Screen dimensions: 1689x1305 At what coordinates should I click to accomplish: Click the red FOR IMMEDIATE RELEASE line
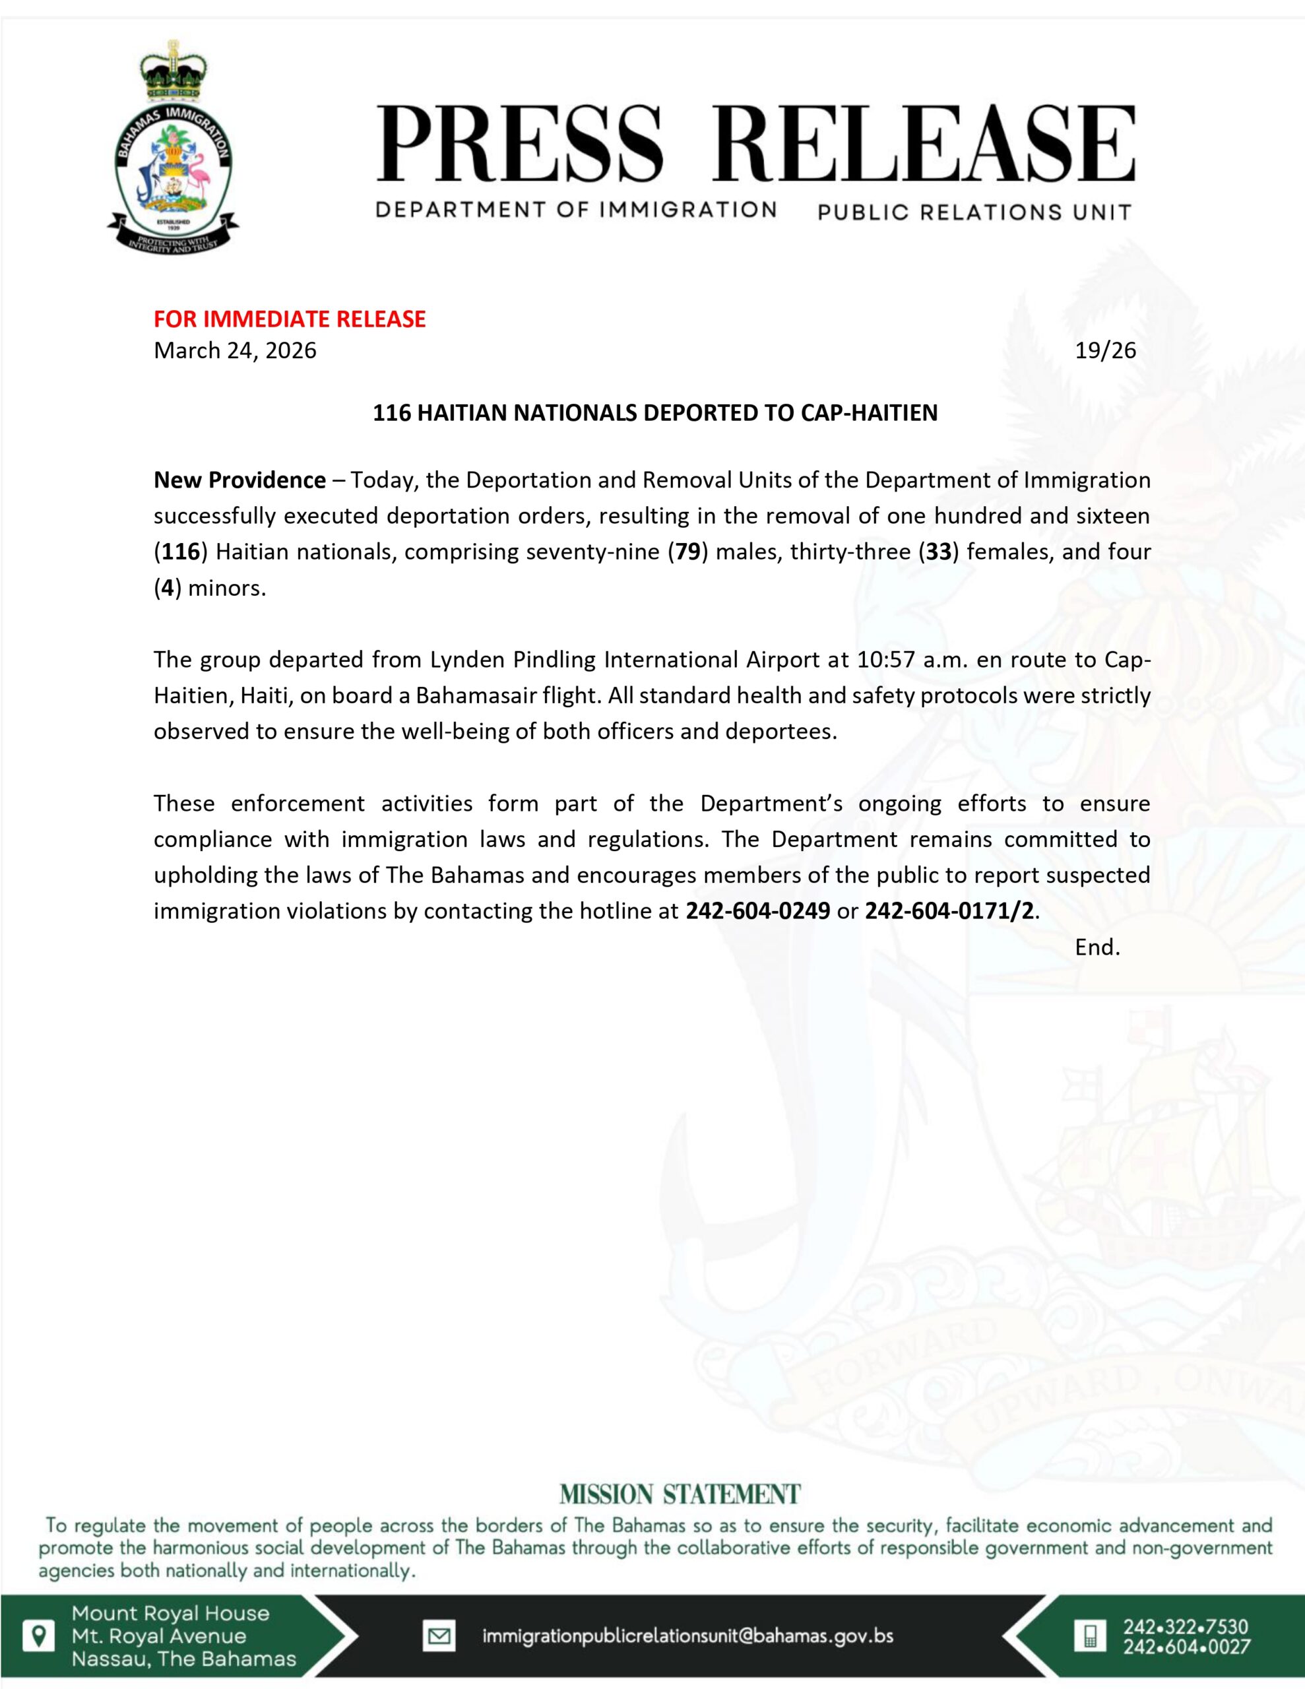tap(290, 319)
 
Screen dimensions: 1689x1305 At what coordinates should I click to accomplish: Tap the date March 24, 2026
tap(235, 350)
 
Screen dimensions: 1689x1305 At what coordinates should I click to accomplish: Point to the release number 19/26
tap(1105, 350)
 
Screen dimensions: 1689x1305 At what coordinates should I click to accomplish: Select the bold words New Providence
tap(239, 480)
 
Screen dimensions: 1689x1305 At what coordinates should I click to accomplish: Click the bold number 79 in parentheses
tap(687, 552)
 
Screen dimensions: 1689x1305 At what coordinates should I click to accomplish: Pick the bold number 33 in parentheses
tap(938, 552)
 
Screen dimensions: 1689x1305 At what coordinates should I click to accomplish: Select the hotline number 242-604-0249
tap(757, 911)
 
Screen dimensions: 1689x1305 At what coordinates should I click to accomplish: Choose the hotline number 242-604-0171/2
tap(948, 911)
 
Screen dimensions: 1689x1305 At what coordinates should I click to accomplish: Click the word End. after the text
tap(1097, 947)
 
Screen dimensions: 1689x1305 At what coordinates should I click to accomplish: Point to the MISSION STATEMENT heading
tap(680, 1494)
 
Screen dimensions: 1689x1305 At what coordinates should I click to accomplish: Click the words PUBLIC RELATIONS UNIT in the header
tap(974, 212)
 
